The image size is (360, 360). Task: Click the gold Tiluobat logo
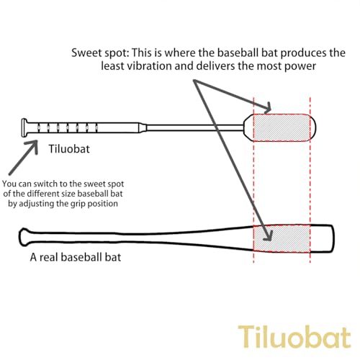294,336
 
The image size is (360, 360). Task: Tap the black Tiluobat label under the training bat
69,149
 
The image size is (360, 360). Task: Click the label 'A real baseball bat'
76,257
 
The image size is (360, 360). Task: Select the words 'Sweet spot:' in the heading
100,53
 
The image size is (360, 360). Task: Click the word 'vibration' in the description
149,66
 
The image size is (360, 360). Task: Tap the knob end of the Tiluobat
24,127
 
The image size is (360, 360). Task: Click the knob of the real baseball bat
24,237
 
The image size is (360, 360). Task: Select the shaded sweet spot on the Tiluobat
282,128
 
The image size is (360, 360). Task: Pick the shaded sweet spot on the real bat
282,238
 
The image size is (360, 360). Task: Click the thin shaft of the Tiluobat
195,127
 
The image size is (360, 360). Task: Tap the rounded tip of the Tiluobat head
313,128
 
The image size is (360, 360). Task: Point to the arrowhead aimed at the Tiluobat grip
34,145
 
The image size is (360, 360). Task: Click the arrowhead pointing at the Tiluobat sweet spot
267,108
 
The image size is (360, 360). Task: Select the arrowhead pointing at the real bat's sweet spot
269,235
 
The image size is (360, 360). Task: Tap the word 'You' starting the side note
9,184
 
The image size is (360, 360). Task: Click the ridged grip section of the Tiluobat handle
67,127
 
